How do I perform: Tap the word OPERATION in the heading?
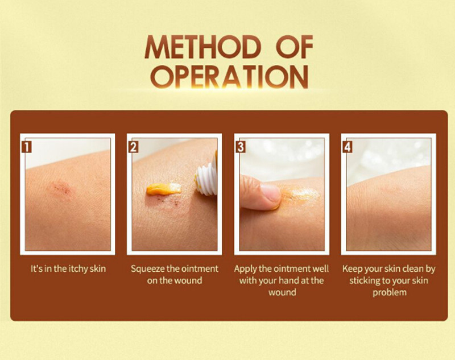coord(229,76)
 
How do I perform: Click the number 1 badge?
coord(26,147)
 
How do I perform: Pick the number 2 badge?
coord(133,147)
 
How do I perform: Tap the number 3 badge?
coord(240,147)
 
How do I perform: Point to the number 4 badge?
coord(348,147)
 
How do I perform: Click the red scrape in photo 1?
coord(61,188)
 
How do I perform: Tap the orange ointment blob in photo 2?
coord(163,189)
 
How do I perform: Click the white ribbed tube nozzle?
coord(206,180)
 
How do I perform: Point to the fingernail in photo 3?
coord(270,193)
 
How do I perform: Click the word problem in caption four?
coord(390,292)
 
